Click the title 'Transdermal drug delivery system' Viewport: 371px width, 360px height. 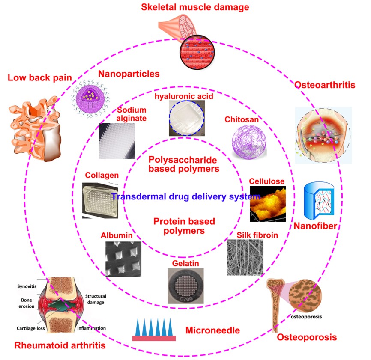click(x=185, y=197)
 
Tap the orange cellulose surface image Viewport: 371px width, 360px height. click(x=267, y=204)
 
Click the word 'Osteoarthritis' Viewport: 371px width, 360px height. click(x=324, y=85)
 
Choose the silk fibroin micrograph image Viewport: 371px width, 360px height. click(x=245, y=257)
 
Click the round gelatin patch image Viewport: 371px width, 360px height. click(x=185, y=286)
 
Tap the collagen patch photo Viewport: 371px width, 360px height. click(x=99, y=200)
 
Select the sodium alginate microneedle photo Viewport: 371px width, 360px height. click(x=116, y=141)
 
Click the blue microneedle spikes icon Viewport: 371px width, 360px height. click(x=154, y=329)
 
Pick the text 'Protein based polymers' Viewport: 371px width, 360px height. click(x=184, y=226)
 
